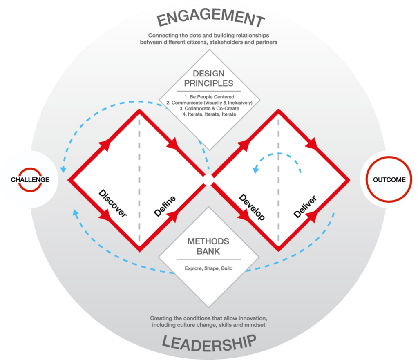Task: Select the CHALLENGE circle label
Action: (30, 180)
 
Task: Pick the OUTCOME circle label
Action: (389, 180)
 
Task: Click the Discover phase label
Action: (113, 203)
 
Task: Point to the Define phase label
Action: (165, 206)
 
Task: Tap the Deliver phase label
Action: (305, 206)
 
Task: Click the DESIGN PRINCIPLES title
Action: (209, 79)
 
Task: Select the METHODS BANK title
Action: (209, 246)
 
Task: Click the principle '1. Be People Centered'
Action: (209, 96)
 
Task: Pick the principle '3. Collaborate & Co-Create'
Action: (209, 108)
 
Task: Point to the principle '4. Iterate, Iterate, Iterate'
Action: (209, 114)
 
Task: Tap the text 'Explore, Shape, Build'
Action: (209, 269)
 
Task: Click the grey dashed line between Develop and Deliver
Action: (278, 196)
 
